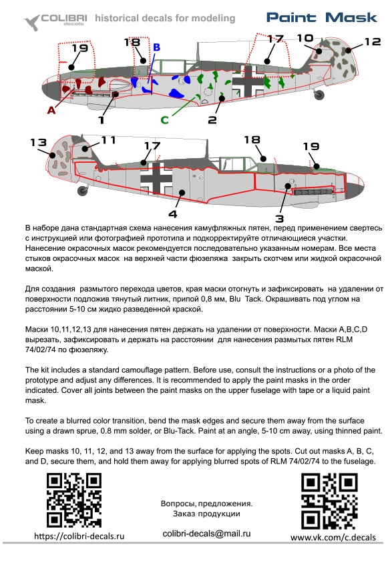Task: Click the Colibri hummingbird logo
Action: (x=32, y=22)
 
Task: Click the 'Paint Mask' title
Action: (x=322, y=17)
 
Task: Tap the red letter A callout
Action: (x=51, y=109)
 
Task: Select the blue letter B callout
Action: (x=156, y=47)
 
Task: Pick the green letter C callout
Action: (x=164, y=119)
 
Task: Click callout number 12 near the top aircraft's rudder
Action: (x=372, y=42)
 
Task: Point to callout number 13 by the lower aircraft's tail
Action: (x=39, y=142)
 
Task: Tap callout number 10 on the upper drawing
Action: (x=305, y=38)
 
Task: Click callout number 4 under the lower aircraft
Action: (x=173, y=214)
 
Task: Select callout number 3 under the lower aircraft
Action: (x=279, y=219)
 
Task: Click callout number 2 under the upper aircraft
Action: (x=212, y=119)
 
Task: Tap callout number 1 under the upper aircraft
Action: (x=102, y=120)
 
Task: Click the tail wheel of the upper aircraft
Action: (x=319, y=95)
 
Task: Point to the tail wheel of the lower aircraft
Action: (x=83, y=190)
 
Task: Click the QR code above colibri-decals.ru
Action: (x=74, y=501)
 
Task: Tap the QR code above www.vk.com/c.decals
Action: (x=329, y=501)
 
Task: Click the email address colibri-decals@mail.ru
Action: (x=206, y=534)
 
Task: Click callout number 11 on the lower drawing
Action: (x=108, y=140)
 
